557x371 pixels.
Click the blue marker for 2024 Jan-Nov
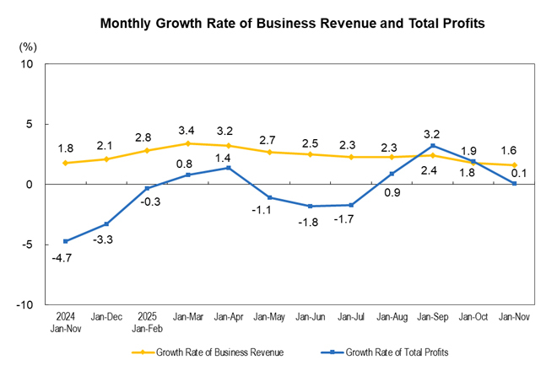coord(66,241)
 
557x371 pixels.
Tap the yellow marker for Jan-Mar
coord(188,143)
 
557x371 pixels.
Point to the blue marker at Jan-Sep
coord(432,146)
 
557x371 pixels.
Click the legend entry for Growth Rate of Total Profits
coord(387,352)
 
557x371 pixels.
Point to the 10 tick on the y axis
coord(27,64)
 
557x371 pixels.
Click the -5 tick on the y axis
coord(27,245)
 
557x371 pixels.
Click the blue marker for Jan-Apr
coord(229,168)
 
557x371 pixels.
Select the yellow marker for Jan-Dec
coord(106,159)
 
